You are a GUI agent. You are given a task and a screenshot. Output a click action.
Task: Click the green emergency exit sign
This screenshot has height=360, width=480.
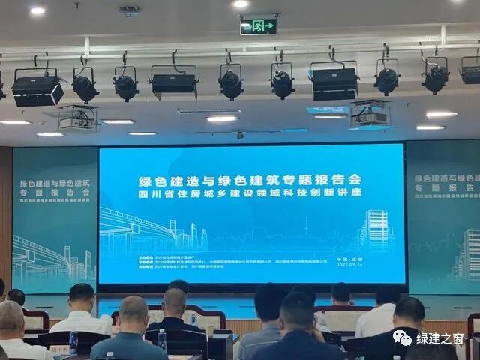(x=259, y=26)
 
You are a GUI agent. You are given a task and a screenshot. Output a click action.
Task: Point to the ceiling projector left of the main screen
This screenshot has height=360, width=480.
(x=78, y=118)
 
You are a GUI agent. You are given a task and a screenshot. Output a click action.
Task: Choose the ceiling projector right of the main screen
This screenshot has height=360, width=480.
(x=369, y=113)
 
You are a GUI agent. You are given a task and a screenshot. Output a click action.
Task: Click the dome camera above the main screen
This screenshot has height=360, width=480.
(x=240, y=135)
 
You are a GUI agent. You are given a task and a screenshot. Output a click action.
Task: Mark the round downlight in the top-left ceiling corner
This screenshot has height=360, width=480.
(x=37, y=10)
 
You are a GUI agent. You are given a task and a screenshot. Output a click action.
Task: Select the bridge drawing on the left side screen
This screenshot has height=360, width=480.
(x=45, y=255)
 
